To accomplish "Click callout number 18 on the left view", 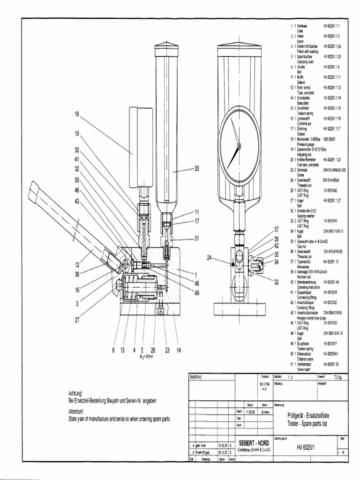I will pos(77,114).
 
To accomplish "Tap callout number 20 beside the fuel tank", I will pos(197,169).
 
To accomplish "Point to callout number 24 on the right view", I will pos(209,257).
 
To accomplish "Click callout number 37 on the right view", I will pos(276,230).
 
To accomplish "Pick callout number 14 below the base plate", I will pos(179,350).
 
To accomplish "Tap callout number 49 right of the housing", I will pos(197,293).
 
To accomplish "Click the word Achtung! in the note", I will pos(76,393).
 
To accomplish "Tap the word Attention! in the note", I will pos(76,411).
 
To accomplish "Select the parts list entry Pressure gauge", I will pos(306,145).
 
